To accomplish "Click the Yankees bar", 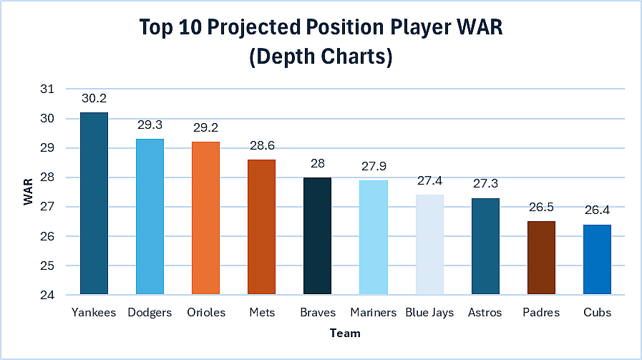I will click(x=94, y=203).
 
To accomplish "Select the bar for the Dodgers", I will click(x=150, y=216).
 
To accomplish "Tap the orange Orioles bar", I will click(x=205, y=218).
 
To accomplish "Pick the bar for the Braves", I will click(x=317, y=235).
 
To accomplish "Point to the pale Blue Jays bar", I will click(x=429, y=244).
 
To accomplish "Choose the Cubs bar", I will click(x=597, y=259).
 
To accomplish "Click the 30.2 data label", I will click(x=94, y=98).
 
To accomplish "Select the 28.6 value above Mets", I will click(x=261, y=145).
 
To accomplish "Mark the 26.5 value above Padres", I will click(x=541, y=207).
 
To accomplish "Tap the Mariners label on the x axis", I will click(x=373, y=313).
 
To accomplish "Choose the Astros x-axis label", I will click(x=485, y=313).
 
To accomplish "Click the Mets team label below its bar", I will click(x=261, y=313).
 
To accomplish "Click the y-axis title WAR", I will click(x=28, y=192).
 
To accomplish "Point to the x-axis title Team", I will click(x=345, y=334).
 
